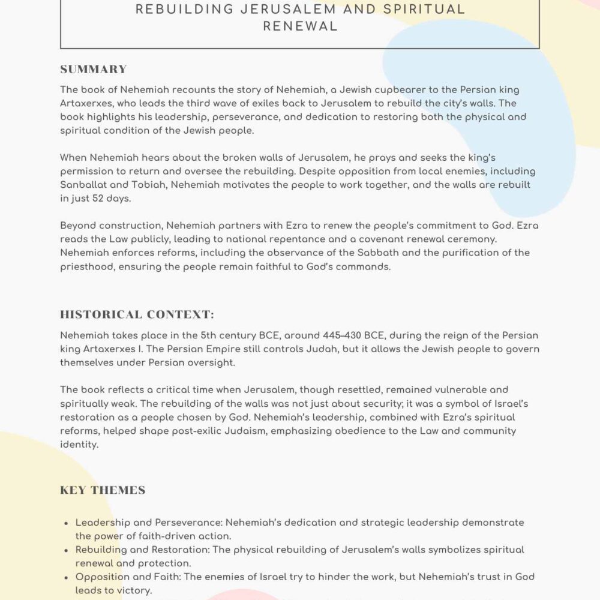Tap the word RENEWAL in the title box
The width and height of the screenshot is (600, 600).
(299, 26)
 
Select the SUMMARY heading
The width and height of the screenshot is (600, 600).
(94, 69)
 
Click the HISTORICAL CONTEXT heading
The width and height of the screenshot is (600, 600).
(137, 314)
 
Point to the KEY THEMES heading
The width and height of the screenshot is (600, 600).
(103, 490)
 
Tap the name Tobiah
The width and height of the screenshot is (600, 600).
(151, 185)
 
